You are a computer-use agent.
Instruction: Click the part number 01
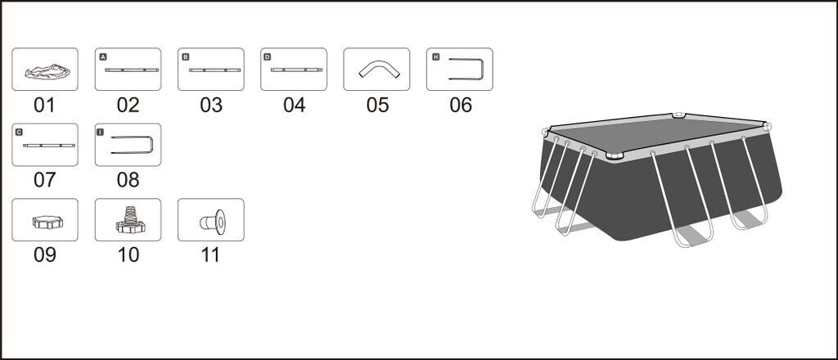point(44,105)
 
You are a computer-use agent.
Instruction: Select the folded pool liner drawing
point(45,72)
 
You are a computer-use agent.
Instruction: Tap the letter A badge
point(103,57)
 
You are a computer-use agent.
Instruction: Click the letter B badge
point(186,57)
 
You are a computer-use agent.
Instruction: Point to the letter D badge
point(268,57)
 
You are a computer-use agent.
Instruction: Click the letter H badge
point(435,57)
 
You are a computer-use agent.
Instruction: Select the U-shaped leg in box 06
point(468,70)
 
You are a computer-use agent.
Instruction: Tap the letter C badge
point(20,132)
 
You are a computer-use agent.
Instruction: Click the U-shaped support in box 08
point(130,145)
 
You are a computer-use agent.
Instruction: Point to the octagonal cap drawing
point(44,223)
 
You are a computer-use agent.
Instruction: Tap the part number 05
point(377,105)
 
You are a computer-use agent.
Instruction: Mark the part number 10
point(128,254)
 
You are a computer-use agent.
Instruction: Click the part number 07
point(44,180)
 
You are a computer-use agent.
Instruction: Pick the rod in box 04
point(294,70)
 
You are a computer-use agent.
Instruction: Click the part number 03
point(210,105)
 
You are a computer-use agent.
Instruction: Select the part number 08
point(128,180)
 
